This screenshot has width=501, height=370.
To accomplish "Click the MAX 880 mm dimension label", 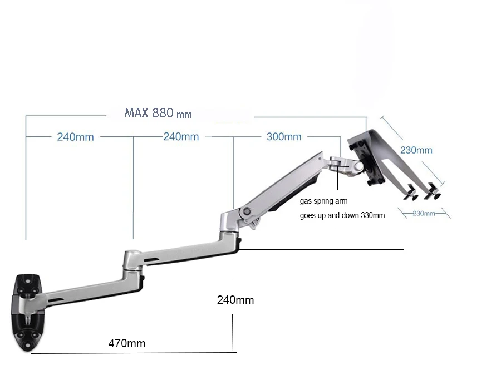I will point(158,113).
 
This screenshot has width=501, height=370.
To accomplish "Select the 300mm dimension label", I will point(284,137).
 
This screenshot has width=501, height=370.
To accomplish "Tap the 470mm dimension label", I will point(127,343).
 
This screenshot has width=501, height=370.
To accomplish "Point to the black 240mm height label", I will point(235,300).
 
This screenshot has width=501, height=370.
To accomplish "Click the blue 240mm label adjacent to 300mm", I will point(181,137).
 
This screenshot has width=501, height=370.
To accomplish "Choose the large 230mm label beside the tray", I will point(416,150).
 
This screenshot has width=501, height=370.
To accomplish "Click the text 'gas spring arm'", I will point(323,201).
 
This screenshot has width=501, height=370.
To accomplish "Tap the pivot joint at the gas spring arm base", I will point(245,212).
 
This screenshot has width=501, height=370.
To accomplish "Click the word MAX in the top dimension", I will point(136,113).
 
